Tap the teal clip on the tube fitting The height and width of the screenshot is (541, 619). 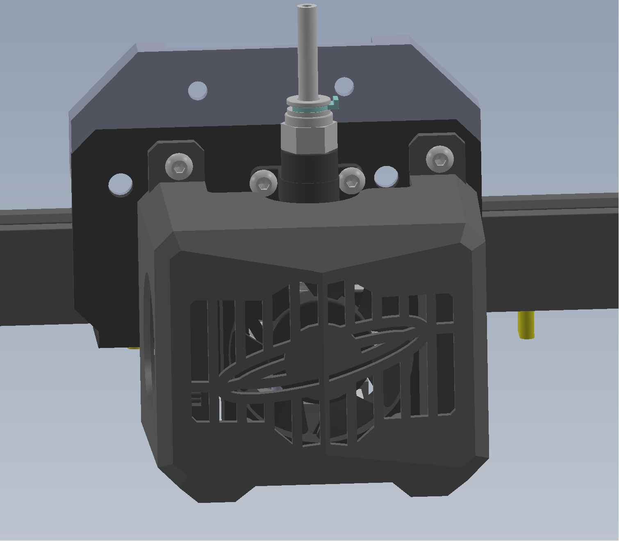[x=335, y=102]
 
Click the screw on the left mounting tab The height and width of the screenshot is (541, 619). [x=179, y=166]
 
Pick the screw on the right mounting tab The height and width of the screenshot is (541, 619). [x=440, y=159]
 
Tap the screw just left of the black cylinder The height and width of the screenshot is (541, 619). [x=263, y=182]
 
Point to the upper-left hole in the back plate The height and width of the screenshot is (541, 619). [x=198, y=90]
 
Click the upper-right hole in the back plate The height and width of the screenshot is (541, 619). [x=344, y=86]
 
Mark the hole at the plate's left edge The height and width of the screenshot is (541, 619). [x=120, y=184]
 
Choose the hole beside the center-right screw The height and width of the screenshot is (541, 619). [x=386, y=176]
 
